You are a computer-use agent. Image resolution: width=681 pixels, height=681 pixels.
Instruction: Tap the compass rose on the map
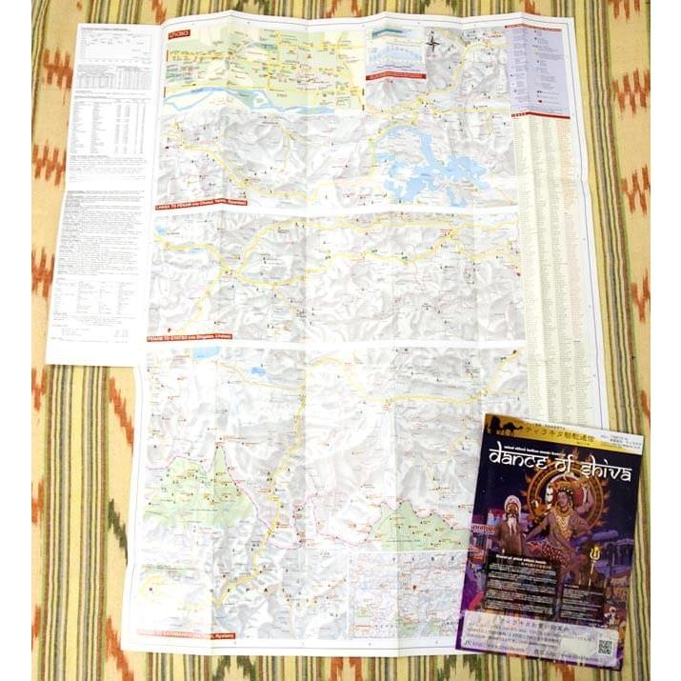[x=433, y=42]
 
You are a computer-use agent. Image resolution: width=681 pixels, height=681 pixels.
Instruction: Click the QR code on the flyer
[x=605, y=645]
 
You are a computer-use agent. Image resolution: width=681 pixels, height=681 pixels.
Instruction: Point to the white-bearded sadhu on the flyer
[x=512, y=524]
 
